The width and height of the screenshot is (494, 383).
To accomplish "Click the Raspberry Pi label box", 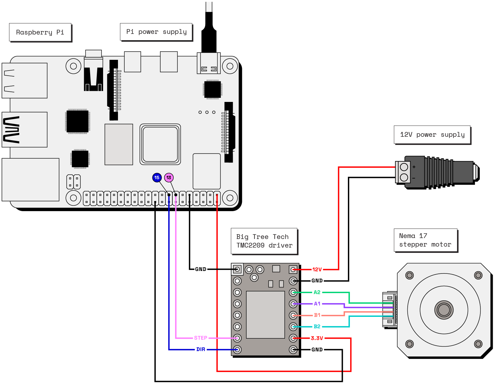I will click(40, 32).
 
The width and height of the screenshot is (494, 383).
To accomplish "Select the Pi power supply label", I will click(156, 32).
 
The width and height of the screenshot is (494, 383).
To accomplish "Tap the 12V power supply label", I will click(432, 135).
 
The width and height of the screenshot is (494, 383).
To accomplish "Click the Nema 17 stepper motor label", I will click(425, 240).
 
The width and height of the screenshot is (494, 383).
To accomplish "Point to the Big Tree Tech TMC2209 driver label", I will click(264, 241).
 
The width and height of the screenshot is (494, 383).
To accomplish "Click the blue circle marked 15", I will click(157, 178).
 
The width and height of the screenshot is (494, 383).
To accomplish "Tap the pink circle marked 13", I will click(169, 178).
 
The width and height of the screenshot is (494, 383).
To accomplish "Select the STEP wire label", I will click(201, 338).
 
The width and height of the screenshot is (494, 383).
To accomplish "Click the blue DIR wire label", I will click(201, 349).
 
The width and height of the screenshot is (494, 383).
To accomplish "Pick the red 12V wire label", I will click(317, 270).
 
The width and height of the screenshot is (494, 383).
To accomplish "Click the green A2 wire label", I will click(317, 292).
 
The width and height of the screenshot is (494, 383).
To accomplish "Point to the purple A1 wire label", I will click(317, 304).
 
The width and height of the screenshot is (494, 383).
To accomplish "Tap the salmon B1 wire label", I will click(317, 315).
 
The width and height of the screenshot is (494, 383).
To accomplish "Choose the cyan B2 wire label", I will click(317, 327).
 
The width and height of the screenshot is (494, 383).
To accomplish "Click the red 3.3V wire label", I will click(317, 338).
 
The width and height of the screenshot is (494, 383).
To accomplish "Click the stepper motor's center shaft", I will click(444, 310).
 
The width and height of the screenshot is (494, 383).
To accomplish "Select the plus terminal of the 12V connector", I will click(404, 167).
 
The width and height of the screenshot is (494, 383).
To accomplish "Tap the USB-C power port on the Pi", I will click(209, 65).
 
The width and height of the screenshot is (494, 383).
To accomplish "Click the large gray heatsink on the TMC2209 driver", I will click(265, 315).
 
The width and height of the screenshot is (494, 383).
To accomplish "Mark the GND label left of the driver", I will click(201, 269).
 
